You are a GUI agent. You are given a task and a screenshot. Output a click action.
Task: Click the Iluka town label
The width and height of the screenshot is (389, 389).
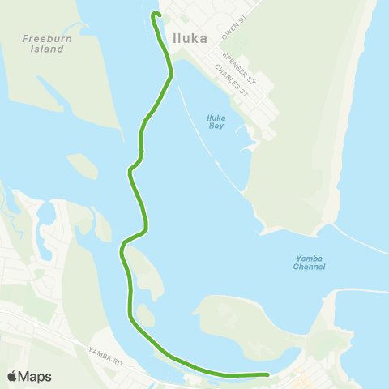(190, 37)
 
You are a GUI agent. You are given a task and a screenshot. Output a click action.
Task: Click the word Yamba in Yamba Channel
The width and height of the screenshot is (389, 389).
(309, 259)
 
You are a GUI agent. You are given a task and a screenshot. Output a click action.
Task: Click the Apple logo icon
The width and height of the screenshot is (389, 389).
(12, 376)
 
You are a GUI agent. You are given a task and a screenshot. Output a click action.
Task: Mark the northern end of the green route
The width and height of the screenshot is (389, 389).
(154, 14)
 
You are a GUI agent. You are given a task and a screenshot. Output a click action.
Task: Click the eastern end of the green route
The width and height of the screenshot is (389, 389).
(267, 374)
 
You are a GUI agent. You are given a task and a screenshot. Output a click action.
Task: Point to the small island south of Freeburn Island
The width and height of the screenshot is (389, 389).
(81, 165)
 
